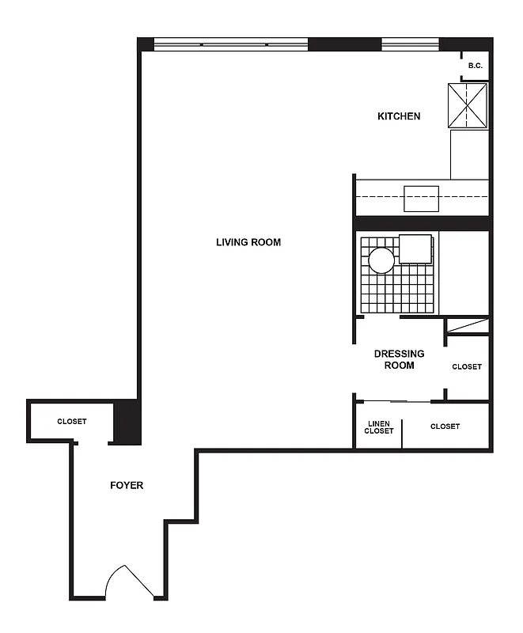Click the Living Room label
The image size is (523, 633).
[248, 242]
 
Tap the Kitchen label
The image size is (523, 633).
[399, 116]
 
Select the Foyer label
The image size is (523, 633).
[127, 485]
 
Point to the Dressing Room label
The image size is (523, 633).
[399, 359]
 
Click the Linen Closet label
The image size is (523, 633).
[379, 427]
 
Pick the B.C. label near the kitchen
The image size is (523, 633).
[476, 66]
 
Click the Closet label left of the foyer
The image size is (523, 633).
[72, 422]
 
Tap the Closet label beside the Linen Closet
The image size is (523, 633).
[445, 426]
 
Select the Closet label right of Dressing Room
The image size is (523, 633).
[467, 366]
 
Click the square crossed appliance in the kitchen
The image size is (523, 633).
[468, 105]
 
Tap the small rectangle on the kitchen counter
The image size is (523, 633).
[421, 199]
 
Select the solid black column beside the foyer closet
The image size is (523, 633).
[127, 423]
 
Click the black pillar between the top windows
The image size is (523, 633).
[332, 44]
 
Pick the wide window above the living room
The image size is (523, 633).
[230, 44]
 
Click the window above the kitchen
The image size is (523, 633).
[410, 44]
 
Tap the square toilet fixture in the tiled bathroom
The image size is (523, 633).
[416, 248]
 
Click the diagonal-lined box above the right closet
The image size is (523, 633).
[467, 325]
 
